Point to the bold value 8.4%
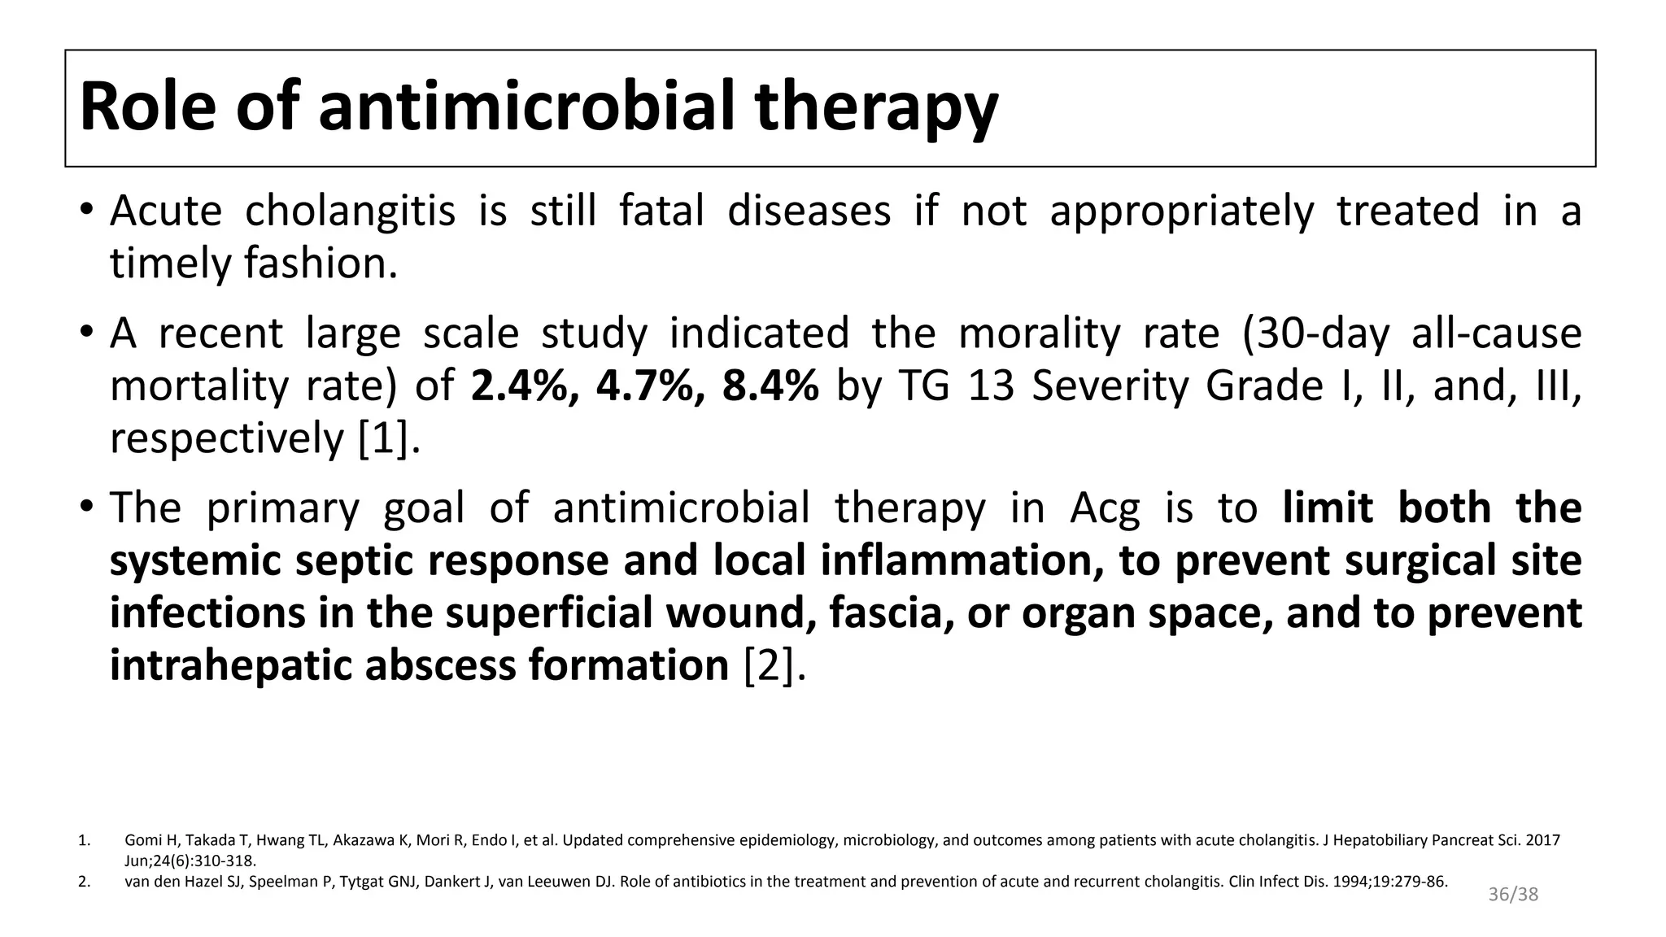point(770,386)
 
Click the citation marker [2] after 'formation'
point(774,665)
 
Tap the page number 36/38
point(1513,895)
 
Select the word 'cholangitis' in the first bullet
point(350,211)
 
